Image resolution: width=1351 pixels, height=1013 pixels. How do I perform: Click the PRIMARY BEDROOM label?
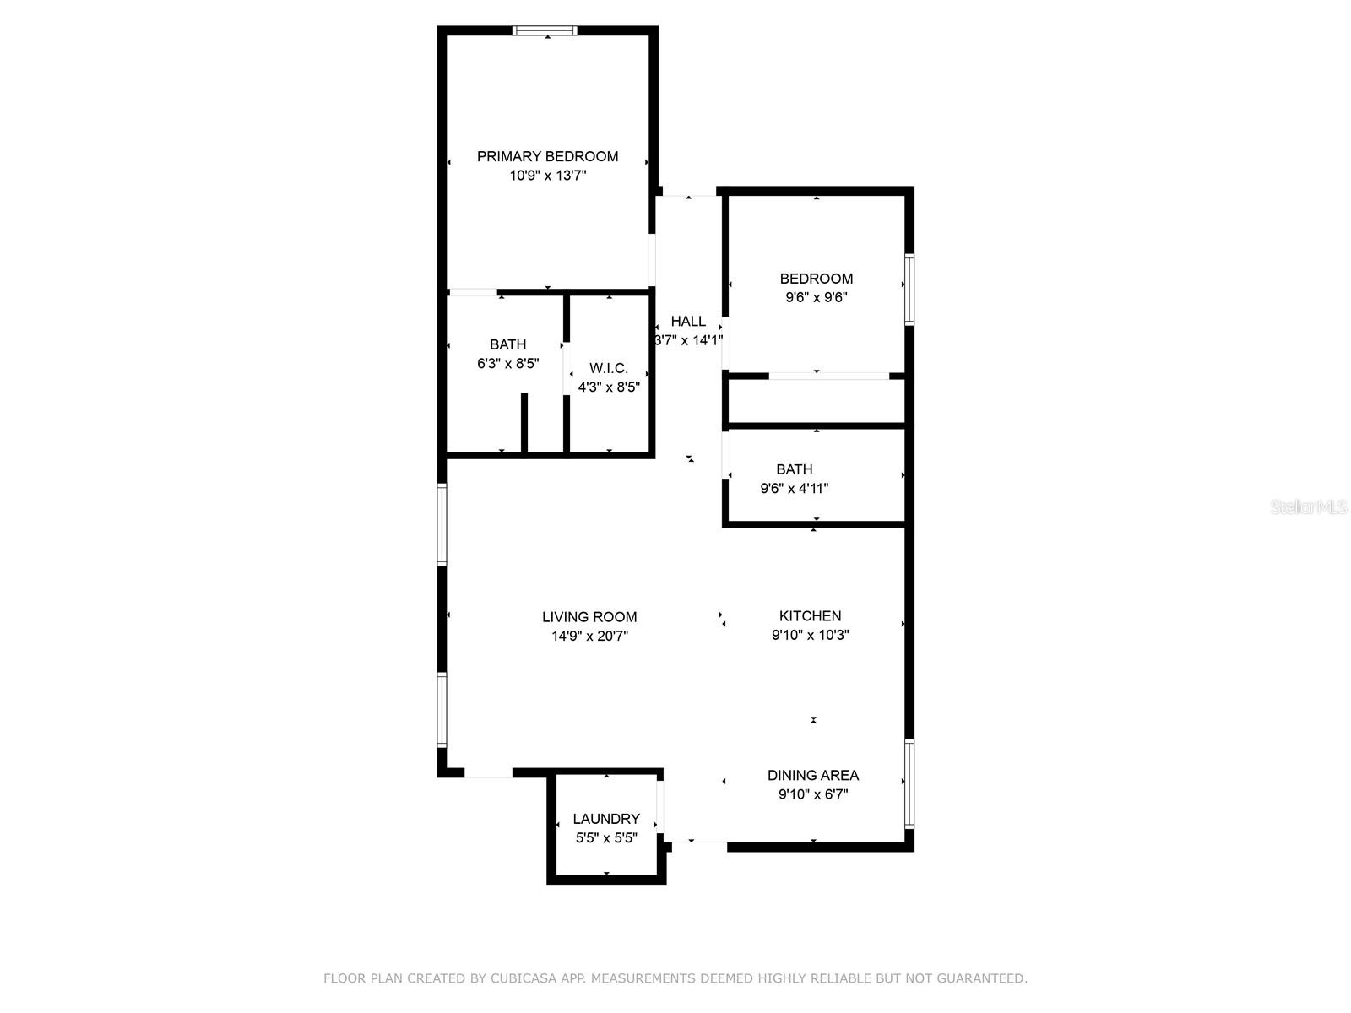pos(547,156)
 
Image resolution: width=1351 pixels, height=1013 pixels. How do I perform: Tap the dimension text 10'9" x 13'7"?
pos(547,176)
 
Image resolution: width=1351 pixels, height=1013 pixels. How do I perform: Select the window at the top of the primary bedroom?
pos(545,31)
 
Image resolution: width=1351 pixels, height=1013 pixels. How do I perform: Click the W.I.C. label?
pos(609,368)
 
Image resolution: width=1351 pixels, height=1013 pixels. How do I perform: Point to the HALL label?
pos(688,321)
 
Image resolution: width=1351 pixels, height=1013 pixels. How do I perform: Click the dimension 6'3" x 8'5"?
pos(507,364)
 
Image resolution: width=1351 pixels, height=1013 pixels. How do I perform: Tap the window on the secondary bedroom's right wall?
pos(909,290)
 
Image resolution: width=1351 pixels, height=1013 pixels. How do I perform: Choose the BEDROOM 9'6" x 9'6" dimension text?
pos(816,297)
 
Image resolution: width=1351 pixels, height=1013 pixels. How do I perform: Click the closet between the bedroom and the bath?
pos(816,401)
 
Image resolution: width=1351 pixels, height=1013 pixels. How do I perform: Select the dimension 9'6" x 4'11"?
pos(795,488)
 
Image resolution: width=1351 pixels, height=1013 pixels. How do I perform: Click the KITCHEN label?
pos(810,616)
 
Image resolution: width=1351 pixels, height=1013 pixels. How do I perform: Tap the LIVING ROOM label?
pos(589,617)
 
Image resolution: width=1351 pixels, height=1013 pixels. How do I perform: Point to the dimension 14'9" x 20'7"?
pos(589,637)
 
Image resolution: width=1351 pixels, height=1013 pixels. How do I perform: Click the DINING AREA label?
pos(812,775)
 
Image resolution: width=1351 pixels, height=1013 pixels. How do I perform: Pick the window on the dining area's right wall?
pos(909,784)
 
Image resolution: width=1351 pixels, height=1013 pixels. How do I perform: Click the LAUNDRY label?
pos(606,819)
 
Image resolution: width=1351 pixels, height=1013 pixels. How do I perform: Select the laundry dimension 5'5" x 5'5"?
pos(606,838)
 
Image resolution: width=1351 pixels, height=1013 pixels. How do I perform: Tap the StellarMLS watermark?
pos(1308,507)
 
